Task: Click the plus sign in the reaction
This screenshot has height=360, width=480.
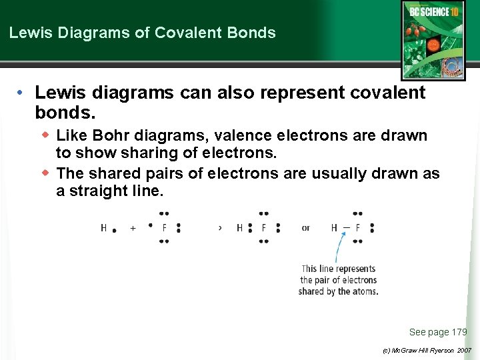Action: [133, 228]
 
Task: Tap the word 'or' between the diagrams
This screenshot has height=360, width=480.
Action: [305, 228]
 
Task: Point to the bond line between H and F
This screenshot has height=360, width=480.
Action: [346, 227]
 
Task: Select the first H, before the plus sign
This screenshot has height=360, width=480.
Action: [104, 228]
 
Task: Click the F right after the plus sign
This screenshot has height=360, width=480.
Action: [165, 228]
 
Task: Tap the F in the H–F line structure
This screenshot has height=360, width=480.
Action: [358, 228]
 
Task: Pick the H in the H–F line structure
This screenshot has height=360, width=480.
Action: [334, 228]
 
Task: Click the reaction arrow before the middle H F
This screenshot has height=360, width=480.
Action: [220, 228]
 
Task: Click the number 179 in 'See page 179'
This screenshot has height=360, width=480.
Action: [459, 332]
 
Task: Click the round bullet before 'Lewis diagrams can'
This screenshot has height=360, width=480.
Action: [21, 93]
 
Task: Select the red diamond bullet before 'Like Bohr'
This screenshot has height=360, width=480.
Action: [46, 135]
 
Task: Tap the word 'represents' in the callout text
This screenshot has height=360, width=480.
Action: [355, 269]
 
